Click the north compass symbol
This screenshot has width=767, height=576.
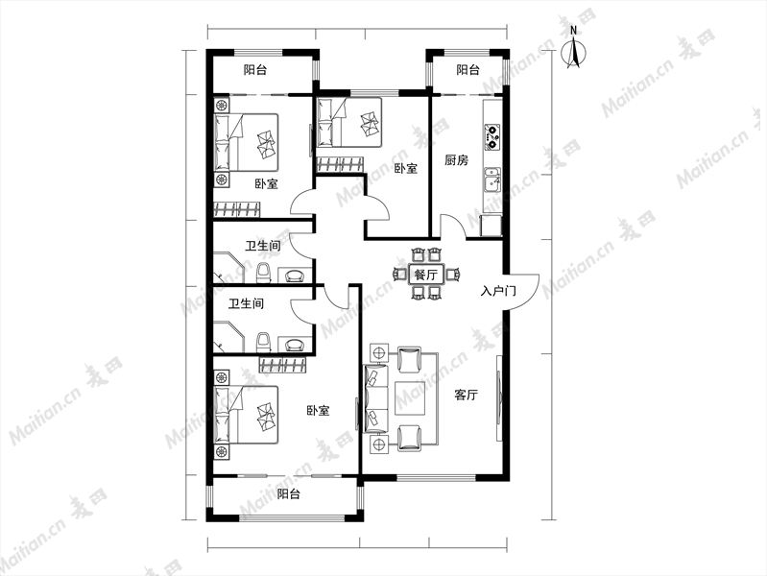[x=574, y=49]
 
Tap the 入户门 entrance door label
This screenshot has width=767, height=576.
[x=498, y=292]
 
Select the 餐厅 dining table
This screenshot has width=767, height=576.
[x=425, y=274]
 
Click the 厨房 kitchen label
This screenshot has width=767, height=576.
[x=456, y=160]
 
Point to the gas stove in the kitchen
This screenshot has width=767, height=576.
[x=492, y=137]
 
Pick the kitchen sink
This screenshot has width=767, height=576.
[x=492, y=180]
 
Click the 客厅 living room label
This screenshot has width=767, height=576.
[x=466, y=395]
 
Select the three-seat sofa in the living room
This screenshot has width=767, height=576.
[x=375, y=398]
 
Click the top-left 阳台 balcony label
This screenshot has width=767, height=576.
[x=254, y=70]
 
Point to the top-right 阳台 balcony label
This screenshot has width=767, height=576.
[x=467, y=70]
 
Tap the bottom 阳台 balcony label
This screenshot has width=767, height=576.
[x=288, y=493]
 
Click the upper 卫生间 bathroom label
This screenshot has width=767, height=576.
[x=263, y=245]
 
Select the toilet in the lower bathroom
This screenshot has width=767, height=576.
[x=263, y=343]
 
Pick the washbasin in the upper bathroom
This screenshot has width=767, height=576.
[x=294, y=275]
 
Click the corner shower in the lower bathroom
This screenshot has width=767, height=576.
[x=228, y=337]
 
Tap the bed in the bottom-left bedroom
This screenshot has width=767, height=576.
[x=246, y=415]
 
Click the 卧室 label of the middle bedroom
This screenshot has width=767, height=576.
[x=405, y=169]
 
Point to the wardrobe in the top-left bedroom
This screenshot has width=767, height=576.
[x=237, y=209]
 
